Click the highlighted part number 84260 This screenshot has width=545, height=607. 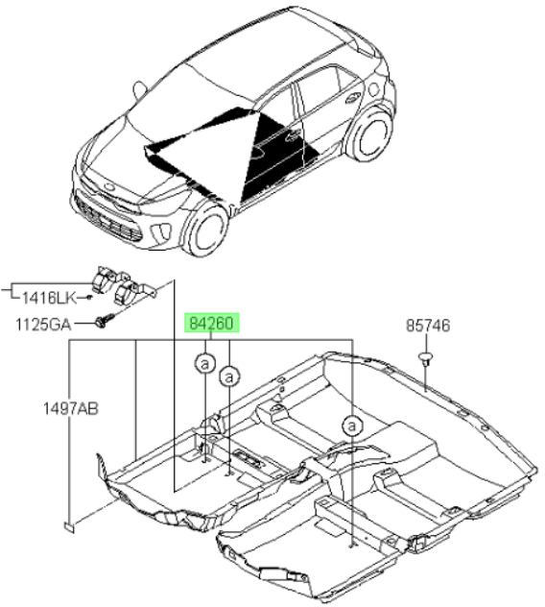click(x=212, y=323)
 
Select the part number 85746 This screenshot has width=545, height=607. click(x=428, y=326)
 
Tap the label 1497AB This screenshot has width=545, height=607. click(x=70, y=408)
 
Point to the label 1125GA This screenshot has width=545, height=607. click(x=43, y=325)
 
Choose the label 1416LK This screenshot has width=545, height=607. click(x=49, y=298)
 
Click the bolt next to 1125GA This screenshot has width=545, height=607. click(x=104, y=321)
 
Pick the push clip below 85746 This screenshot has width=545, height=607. click(x=425, y=358)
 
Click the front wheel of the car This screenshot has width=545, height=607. click(x=206, y=230)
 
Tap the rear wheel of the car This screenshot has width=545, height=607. click(x=371, y=135)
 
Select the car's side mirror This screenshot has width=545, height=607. click(x=139, y=91)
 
